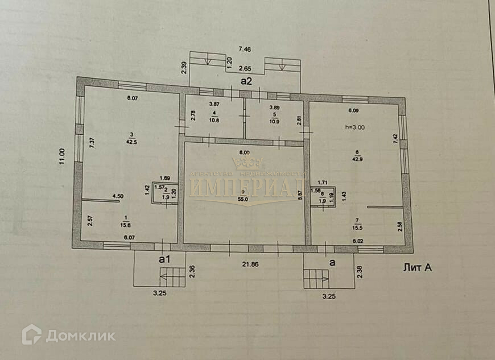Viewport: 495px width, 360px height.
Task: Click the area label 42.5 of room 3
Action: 131,142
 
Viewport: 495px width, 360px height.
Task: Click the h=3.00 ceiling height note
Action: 354,127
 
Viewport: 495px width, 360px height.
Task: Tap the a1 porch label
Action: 165,259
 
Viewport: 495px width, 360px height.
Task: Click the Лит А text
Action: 416,267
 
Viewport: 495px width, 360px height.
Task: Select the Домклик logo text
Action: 80,336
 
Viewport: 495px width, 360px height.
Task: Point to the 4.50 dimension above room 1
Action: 117,197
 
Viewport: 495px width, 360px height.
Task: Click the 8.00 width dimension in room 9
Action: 244,152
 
